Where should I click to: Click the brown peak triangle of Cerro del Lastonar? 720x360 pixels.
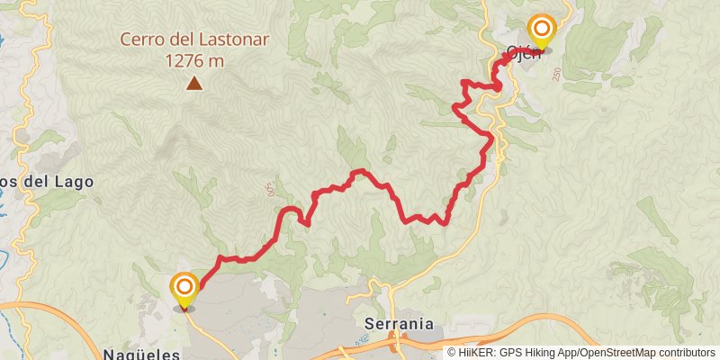coord(193,84)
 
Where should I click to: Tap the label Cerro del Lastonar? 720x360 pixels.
coord(193,40)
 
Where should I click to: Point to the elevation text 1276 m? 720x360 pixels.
coord(193,61)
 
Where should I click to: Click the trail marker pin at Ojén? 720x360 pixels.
coord(542,31)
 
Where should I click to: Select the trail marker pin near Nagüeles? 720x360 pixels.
coord(184,289)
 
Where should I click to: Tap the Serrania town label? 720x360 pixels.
coord(400,323)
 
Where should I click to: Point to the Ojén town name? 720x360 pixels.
coord(524,52)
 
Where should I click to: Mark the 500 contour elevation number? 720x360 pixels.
coord(269,190)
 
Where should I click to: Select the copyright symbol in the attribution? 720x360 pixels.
coord(452,352)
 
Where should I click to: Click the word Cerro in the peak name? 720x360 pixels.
coord(145,40)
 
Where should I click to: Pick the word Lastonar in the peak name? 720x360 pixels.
coord(225,40)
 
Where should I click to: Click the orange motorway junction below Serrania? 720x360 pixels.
coord(393,339)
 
